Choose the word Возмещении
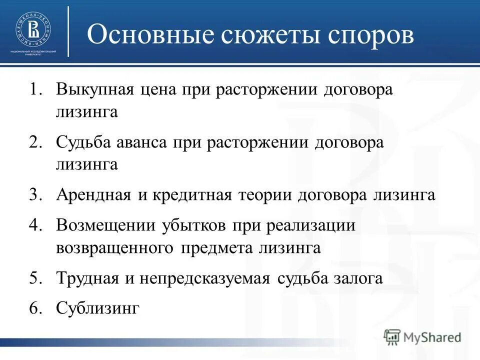click(106, 226)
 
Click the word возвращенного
click(114, 247)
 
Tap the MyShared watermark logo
click(422, 336)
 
